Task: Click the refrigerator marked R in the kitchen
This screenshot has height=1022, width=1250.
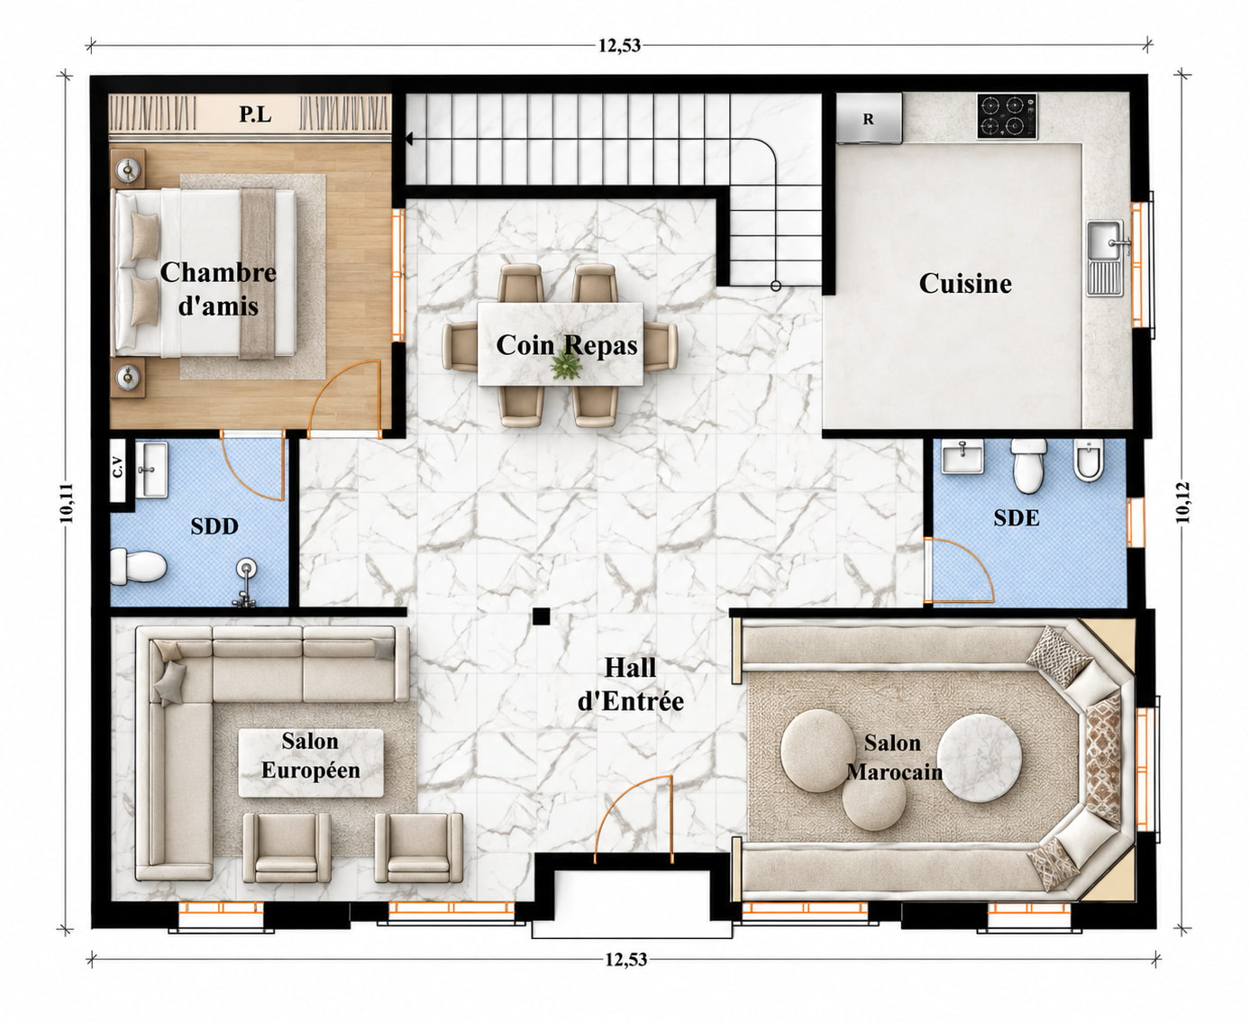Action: (x=869, y=118)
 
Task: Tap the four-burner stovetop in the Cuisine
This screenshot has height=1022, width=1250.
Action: (x=1007, y=115)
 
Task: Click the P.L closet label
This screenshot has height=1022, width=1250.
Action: (x=255, y=114)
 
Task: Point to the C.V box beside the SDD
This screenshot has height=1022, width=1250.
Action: (x=118, y=470)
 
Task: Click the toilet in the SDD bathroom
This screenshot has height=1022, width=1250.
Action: (x=138, y=566)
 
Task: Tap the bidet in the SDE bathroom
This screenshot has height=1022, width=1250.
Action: (x=1088, y=460)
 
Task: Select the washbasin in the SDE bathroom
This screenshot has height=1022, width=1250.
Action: (x=963, y=456)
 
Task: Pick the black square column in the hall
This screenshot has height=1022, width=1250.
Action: (x=541, y=616)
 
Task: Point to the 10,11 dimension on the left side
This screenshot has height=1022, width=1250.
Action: (x=67, y=503)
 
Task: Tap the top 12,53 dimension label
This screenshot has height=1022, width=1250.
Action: (x=619, y=46)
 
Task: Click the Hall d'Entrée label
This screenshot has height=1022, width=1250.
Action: (x=630, y=685)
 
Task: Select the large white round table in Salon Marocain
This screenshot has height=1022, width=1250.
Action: (x=979, y=758)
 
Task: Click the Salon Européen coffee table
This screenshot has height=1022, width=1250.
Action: (x=311, y=763)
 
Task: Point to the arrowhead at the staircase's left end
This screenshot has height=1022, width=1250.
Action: (x=408, y=140)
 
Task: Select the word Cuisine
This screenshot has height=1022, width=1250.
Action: (x=965, y=283)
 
